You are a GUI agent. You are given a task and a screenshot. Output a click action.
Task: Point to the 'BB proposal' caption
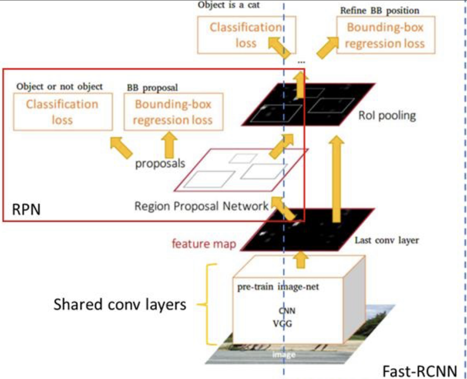151,86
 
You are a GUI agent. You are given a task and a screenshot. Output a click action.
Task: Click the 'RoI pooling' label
387,115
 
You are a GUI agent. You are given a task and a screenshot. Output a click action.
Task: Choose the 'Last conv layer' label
387,241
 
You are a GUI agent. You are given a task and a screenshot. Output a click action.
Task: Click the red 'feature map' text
204,243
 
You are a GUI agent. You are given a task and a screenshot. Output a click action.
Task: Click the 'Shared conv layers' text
120,304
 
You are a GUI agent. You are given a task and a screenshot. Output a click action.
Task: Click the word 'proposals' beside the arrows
160,163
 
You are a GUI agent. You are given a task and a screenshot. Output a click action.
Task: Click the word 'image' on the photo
284,355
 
